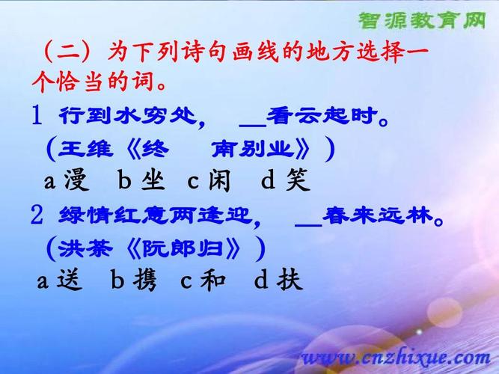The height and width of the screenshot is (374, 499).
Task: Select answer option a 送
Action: coord(57,280)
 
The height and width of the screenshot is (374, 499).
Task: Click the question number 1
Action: coord(37,116)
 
